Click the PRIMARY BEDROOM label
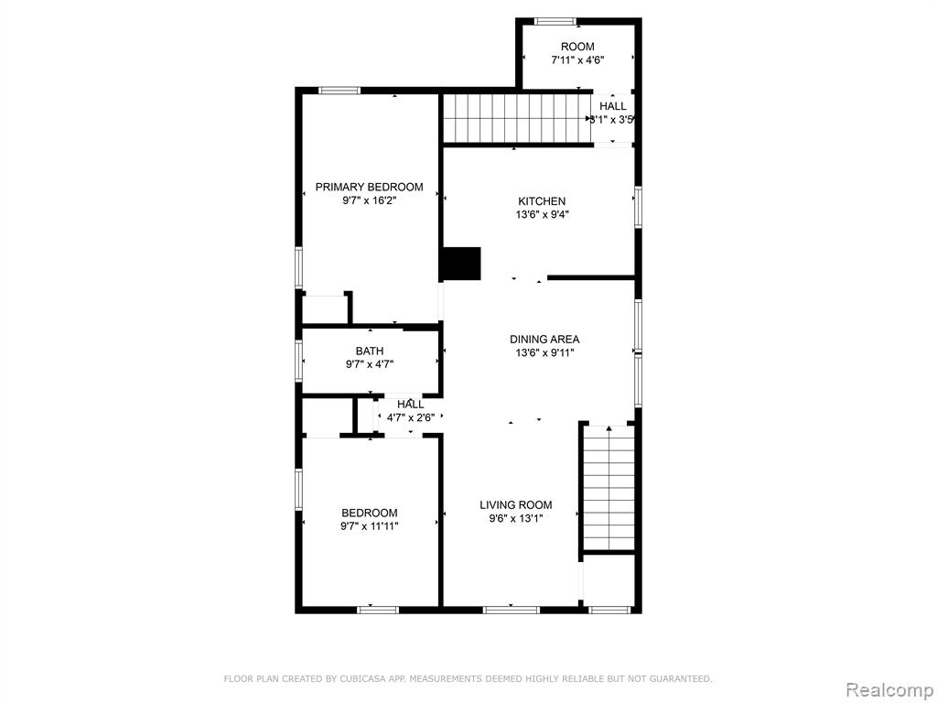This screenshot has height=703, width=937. (x=370, y=187)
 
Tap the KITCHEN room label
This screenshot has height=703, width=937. (x=542, y=201)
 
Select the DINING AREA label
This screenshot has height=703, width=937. (x=544, y=340)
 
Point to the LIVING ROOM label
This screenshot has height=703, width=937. (x=516, y=505)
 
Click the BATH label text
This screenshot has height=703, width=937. (x=370, y=351)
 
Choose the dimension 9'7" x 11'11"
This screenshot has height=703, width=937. (x=370, y=526)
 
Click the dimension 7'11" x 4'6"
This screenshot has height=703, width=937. (x=577, y=59)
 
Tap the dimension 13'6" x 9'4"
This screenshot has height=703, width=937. (x=542, y=214)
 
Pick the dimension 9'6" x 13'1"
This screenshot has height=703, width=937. (x=516, y=518)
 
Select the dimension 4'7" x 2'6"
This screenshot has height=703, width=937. (x=411, y=417)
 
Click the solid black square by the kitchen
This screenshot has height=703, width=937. (x=461, y=264)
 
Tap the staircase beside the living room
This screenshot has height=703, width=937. (x=609, y=487)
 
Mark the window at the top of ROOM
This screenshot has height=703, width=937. (x=555, y=22)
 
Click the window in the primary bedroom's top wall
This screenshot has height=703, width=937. (x=339, y=91)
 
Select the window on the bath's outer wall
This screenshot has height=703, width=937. (x=299, y=361)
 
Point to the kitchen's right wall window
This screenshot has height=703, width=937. (x=638, y=208)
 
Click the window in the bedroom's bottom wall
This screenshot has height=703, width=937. (x=378, y=610)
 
